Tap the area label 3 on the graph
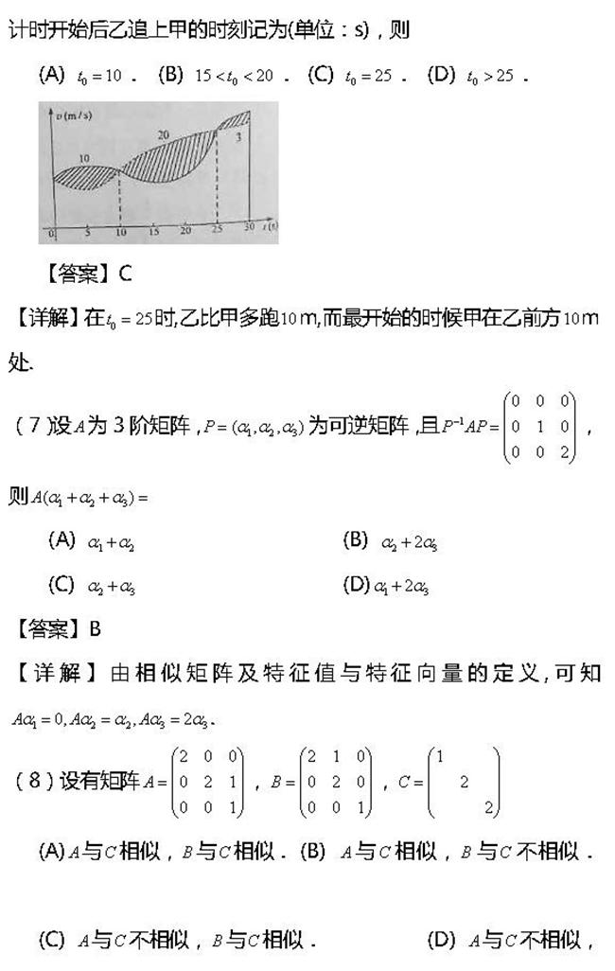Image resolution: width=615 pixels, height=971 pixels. pos(239,138)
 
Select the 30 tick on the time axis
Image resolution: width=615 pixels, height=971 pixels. pos(248,227)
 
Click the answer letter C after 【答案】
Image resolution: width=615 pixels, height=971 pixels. pos(126,274)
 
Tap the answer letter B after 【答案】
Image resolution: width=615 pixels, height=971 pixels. pos(95,628)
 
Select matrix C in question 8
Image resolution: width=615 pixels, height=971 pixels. pos(464,781)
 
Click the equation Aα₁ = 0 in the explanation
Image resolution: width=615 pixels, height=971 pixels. pos(38,719)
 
